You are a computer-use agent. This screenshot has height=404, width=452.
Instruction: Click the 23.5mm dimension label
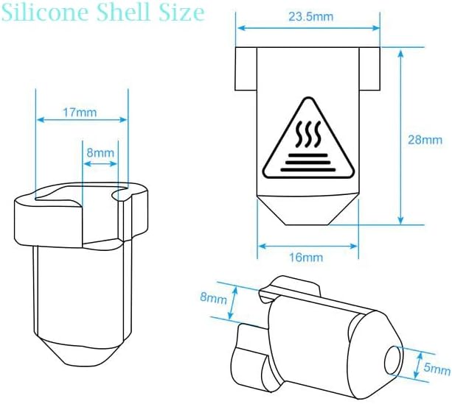[x=310, y=17]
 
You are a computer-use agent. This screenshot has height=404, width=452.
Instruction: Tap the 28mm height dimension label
[x=425, y=140]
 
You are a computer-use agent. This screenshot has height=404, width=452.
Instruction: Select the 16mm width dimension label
[x=306, y=258]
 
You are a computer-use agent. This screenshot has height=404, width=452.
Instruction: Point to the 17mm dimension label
[x=80, y=112]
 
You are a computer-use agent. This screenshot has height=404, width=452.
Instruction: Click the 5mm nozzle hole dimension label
[x=437, y=368]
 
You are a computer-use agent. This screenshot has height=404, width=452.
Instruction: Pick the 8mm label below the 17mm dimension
[x=100, y=153]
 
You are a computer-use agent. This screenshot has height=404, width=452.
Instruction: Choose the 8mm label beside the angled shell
[x=214, y=298]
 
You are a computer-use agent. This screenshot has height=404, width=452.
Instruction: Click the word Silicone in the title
[x=45, y=13]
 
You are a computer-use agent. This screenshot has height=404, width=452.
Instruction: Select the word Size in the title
[x=182, y=13]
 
